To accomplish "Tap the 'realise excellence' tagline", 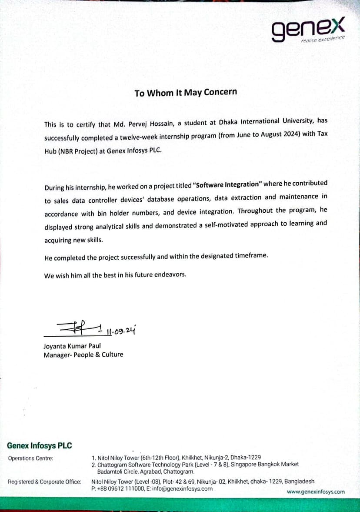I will coord(323,40).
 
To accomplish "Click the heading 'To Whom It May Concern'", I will coord(186,93).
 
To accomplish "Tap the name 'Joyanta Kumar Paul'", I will coord(72,347).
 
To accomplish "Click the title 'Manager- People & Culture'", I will coord(83,355).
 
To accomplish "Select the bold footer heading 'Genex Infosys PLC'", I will coord(40,445).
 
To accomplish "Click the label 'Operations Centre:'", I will coord(30,458).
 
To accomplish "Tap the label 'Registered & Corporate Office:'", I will coord(44,482).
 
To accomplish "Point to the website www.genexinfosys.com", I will coord(316,492).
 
